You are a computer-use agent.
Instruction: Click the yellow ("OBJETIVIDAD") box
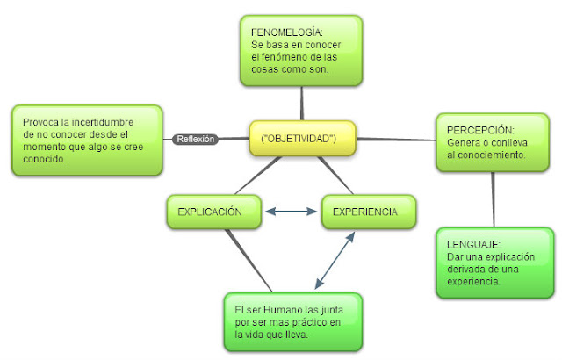coord(292,139)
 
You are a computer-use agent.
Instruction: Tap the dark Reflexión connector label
coord(195,139)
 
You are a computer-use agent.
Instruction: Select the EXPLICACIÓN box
coord(213,212)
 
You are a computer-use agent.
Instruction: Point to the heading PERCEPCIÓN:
coord(475,130)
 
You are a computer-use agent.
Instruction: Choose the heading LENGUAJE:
coord(472,243)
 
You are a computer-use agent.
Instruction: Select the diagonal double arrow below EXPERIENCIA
coord(335,258)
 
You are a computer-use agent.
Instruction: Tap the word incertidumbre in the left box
coord(96,123)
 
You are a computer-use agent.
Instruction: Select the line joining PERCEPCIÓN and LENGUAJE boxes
coord(494,199)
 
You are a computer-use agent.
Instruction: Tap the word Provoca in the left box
coord(42,123)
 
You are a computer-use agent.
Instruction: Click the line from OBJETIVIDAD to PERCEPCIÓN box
coord(386,139)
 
